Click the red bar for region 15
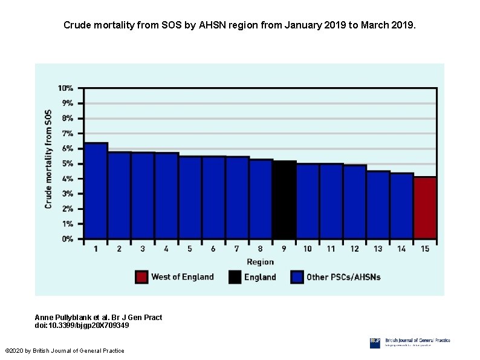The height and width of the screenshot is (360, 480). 425,208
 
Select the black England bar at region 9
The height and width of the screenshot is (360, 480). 284,200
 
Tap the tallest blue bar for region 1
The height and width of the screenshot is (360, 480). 96,191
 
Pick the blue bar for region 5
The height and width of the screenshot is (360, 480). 190,197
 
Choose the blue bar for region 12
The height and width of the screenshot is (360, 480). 355,201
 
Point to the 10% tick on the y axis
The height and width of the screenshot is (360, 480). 66,88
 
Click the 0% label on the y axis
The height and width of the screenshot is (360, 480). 67,239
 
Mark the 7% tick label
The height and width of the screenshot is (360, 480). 67,133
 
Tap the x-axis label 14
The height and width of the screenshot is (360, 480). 401,249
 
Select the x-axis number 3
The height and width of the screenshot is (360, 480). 143,249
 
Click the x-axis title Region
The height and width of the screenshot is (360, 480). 260,262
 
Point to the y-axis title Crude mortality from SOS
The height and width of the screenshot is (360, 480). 48,159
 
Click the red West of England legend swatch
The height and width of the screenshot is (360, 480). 141,277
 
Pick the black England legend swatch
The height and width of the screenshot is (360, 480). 235,277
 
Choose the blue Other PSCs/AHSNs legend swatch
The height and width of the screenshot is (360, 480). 297,277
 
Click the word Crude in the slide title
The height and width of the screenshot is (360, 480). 78,26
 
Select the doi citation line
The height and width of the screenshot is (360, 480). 82,326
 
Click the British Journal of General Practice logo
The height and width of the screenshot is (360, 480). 410,343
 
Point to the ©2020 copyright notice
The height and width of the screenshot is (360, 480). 64,351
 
